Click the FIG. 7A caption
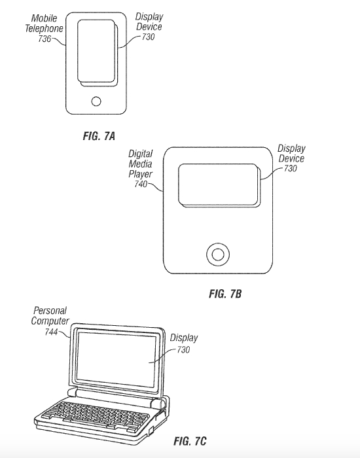click(99, 136)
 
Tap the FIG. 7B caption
click(225, 294)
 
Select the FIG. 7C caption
click(190, 441)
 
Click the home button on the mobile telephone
click(96, 101)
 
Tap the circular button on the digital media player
click(218, 255)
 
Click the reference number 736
click(45, 39)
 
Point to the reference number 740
click(141, 184)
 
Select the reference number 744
click(51, 332)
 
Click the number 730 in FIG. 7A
click(148, 37)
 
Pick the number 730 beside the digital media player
click(291, 168)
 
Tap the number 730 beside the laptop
click(183, 349)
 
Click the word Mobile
click(44, 18)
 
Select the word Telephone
click(44, 29)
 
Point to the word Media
click(141, 164)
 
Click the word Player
click(141, 175)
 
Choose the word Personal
click(50, 311)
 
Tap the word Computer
click(50, 321)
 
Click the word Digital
click(141, 154)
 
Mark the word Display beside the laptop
click(184, 338)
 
